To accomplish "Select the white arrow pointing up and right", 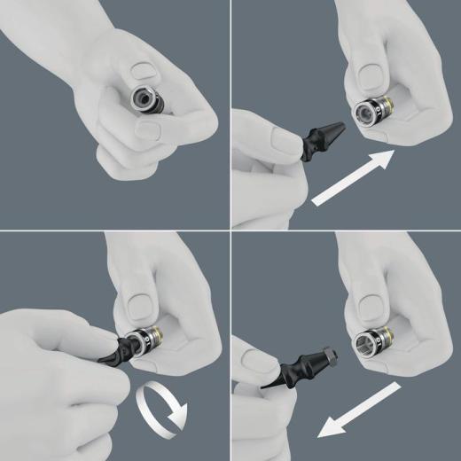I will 353,178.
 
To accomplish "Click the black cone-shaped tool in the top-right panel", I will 324,137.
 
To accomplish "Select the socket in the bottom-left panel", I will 143,345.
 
